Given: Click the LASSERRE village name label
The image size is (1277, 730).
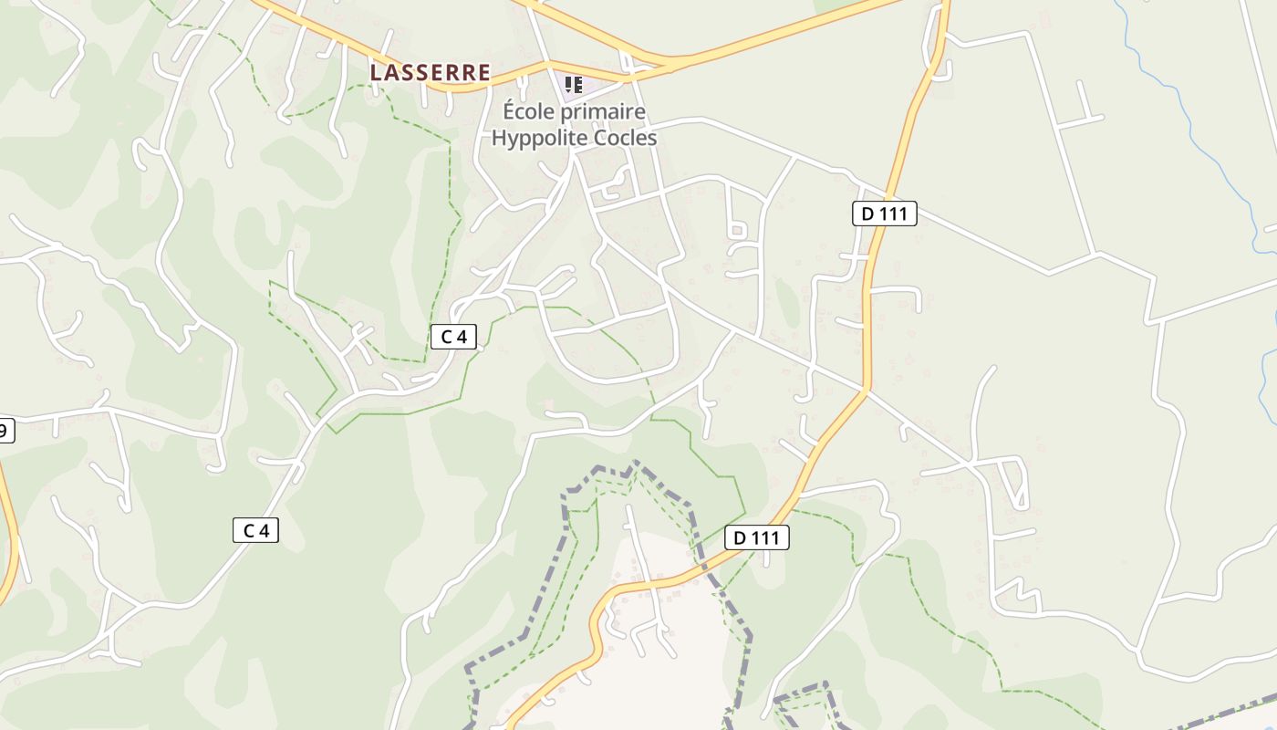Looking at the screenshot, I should (x=430, y=72).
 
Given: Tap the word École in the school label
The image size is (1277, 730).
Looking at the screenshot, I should (x=530, y=112).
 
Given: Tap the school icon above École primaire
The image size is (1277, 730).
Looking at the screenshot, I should (x=573, y=85).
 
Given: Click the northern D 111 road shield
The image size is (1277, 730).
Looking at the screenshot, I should (x=884, y=214).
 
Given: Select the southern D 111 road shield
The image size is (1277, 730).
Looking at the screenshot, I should (x=756, y=537).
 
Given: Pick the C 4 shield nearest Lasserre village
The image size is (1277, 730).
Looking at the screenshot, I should (x=453, y=337).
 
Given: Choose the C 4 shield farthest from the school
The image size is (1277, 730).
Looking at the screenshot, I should (x=255, y=530).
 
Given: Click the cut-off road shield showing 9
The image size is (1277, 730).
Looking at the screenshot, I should (x=6, y=431).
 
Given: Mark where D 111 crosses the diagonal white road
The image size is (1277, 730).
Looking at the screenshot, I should (x=864, y=391).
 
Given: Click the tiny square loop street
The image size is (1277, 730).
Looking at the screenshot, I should (x=737, y=228).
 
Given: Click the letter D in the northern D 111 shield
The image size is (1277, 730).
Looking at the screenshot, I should (x=867, y=214).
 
